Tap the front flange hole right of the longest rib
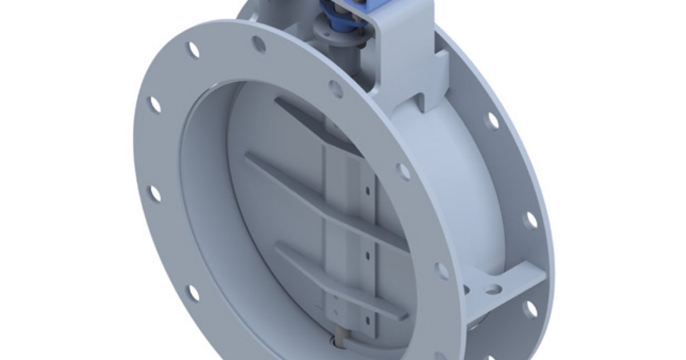pyautogui.click(x=404, y=171)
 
